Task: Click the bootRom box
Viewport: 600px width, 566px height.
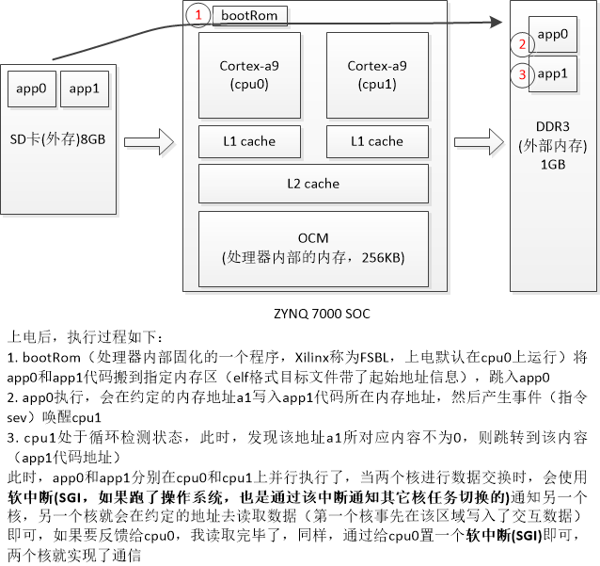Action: coord(250,15)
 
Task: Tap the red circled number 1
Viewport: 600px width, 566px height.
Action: coord(197,15)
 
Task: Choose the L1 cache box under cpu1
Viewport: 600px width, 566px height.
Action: coord(376,141)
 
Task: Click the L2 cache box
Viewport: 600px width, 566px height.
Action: coord(313,183)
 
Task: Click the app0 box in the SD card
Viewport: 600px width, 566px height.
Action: coord(31,90)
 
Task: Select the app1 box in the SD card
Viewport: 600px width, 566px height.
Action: coord(84,90)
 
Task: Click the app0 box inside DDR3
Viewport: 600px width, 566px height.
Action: coord(553,34)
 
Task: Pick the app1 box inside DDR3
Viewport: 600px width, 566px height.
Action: coord(553,73)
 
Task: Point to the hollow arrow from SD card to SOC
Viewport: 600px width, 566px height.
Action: coord(150,142)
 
